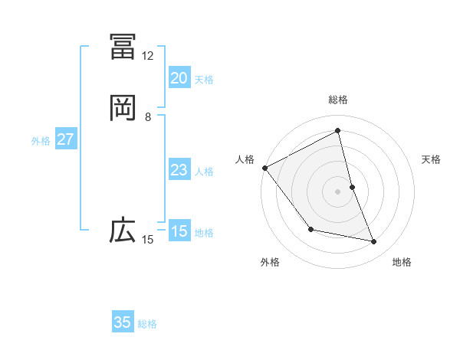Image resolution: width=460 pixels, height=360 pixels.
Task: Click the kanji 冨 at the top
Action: [x=123, y=46]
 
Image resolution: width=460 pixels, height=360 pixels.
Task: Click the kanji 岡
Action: [x=123, y=108]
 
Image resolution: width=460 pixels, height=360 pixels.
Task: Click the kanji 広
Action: [x=123, y=230]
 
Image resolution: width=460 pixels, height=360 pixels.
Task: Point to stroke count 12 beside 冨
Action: [x=147, y=56]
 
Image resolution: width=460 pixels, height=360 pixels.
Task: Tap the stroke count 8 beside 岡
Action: [x=148, y=117]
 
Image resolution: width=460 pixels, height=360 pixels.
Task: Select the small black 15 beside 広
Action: [x=147, y=240]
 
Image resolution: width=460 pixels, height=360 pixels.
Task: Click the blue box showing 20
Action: [x=179, y=78]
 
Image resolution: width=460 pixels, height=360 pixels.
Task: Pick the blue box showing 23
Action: [x=179, y=170]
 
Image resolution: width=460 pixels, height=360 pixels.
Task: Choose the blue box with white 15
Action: [x=179, y=231]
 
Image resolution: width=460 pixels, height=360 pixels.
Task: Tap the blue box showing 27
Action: [x=65, y=139]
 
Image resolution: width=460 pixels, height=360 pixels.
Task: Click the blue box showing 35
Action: [x=123, y=322]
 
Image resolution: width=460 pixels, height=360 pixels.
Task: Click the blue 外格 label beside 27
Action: [x=41, y=141]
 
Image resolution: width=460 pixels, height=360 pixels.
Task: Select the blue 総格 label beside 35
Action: [x=147, y=324]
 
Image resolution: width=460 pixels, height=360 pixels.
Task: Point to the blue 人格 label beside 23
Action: [x=204, y=172]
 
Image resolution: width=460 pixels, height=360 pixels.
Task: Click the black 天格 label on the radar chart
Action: [x=432, y=159]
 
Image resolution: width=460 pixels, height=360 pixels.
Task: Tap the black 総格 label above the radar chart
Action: [x=338, y=100]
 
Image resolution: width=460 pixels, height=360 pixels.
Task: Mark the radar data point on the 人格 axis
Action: [x=264, y=168]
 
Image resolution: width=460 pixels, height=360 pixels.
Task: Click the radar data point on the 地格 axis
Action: [x=374, y=242]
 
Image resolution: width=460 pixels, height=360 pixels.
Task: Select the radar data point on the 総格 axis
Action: [x=338, y=131]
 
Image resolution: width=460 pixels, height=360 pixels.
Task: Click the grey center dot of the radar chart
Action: [x=338, y=191]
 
